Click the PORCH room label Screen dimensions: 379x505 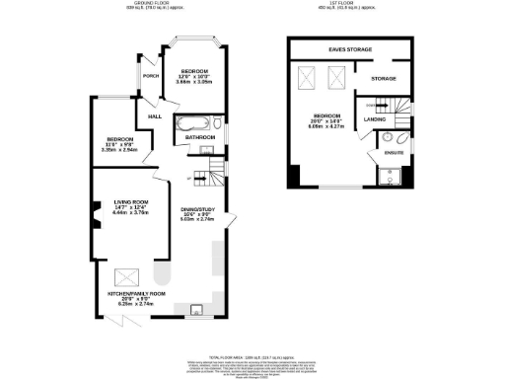150,76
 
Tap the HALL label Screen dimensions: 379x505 155,116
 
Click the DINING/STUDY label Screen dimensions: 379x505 195,213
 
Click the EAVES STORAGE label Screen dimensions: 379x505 349,47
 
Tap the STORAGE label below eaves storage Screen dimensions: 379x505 384,78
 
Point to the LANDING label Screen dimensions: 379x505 375,119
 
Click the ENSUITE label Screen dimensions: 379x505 392,154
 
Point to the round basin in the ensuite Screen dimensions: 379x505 387,137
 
